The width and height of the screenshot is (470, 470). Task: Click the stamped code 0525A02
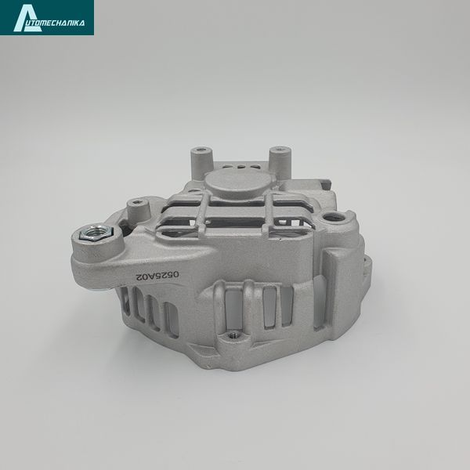(x=157, y=276)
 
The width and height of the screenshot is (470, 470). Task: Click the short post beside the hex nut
(x=138, y=212)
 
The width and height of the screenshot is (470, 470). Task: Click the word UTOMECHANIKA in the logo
(x=60, y=23)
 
